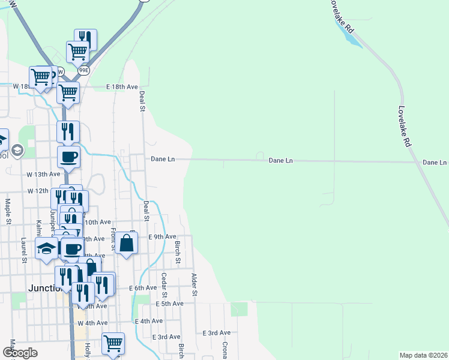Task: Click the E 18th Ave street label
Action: click(x=122, y=87)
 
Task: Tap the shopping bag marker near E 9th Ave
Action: click(x=126, y=243)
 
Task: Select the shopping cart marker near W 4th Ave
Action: click(x=113, y=344)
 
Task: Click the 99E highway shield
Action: click(x=83, y=70)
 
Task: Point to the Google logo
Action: click(x=19, y=352)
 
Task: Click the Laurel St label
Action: click(x=24, y=250)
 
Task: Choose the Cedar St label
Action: click(x=164, y=284)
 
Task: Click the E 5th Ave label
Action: click(x=169, y=304)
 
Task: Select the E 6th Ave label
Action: click(x=143, y=288)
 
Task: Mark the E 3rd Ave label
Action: click(x=217, y=332)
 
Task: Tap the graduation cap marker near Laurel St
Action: click(x=46, y=248)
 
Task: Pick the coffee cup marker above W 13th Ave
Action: click(x=68, y=157)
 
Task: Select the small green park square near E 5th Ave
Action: click(x=239, y=309)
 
